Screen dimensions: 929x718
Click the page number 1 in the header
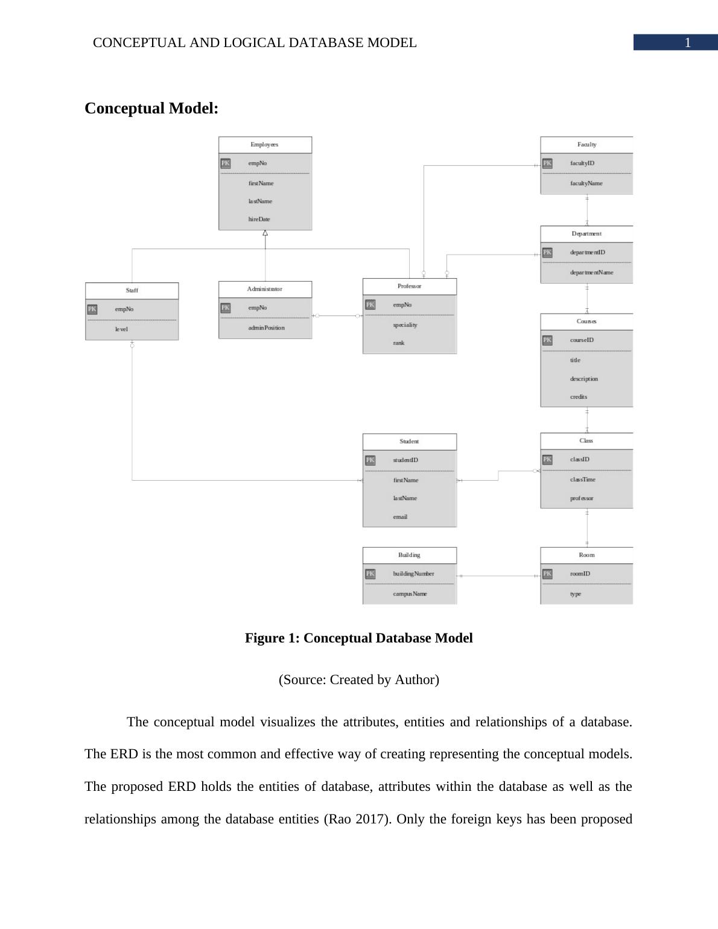(x=687, y=43)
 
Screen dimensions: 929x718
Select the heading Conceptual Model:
(x=151, y=109)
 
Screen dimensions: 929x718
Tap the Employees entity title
(x=264, y=145)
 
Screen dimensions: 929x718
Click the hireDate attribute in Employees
(x=259, y=220)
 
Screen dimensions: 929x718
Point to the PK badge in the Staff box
(x=92, y=309)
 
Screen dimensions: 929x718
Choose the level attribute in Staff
(x=122, y=329)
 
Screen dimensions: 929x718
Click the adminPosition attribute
(x=266, y=328)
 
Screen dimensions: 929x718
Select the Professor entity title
(x=409, y=287)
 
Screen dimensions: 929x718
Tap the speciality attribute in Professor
(x=405, y=325)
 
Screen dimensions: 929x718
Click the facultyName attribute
(x=586, y=183)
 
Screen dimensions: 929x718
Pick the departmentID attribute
(x=587, y=253)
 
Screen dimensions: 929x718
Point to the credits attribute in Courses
(x=578, y=397)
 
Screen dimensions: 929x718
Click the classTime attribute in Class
(x=582, y=480)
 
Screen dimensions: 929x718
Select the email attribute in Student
(x=400, y=517)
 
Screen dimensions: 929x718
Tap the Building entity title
(x=409, y=555)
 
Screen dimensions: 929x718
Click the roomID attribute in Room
(x=580, y=574)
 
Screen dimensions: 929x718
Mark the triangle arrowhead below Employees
(x=265, y=233)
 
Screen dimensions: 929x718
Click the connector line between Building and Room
(x=498, y=576)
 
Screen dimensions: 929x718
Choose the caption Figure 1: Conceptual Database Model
(x=358, y=638)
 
